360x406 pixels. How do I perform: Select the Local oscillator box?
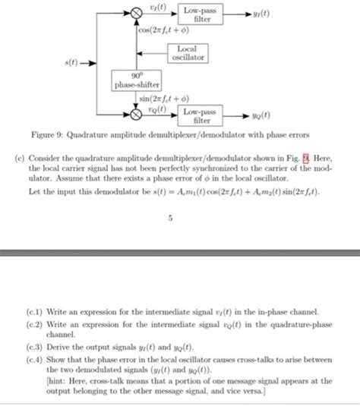pos(188,54)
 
